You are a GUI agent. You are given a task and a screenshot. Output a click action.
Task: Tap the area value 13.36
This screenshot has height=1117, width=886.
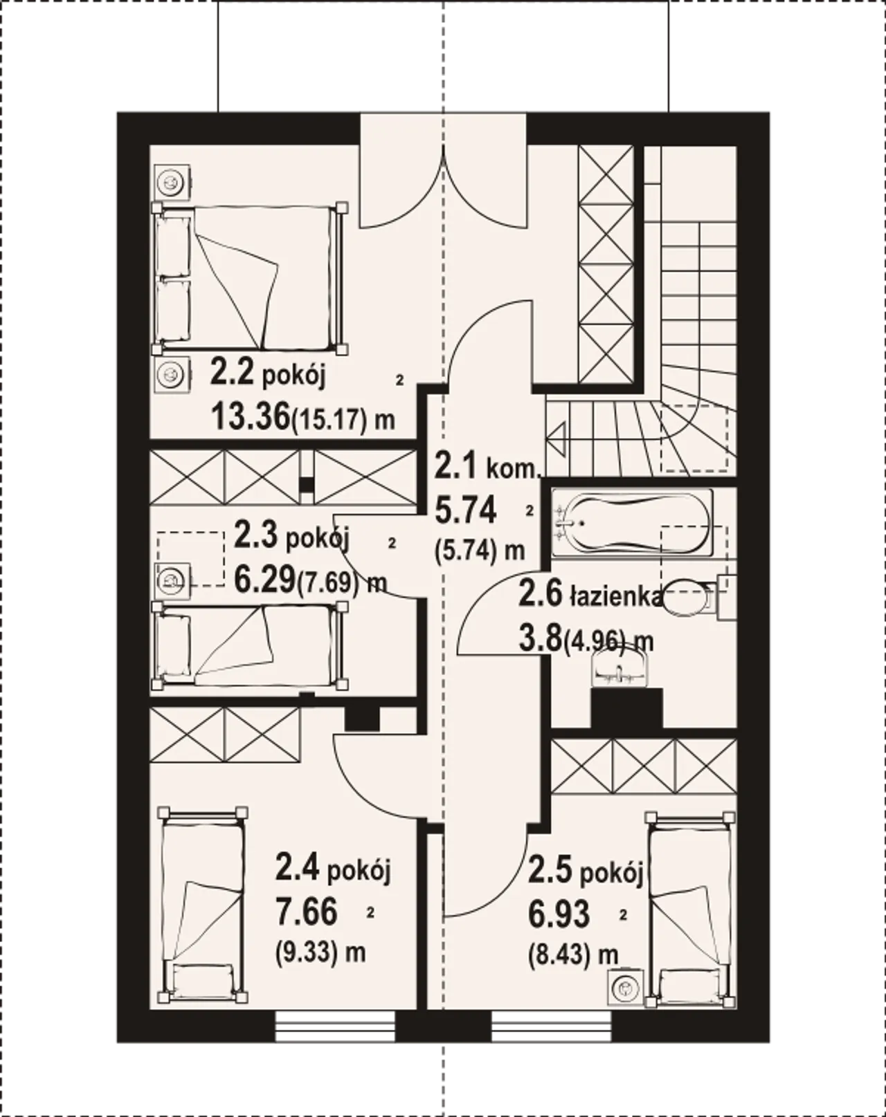250,417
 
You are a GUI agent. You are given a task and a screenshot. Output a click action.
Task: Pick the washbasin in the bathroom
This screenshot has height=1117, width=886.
620,667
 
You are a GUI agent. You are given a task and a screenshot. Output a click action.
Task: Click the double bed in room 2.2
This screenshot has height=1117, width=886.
250,279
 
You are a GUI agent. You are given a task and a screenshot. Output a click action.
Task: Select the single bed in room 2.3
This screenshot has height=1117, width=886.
249,646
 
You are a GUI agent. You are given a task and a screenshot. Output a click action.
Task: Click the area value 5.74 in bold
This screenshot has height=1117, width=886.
466,510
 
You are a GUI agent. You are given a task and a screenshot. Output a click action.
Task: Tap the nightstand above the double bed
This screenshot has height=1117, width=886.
171,182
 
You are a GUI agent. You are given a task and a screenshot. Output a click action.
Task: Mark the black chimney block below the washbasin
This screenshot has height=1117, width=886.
620,708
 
